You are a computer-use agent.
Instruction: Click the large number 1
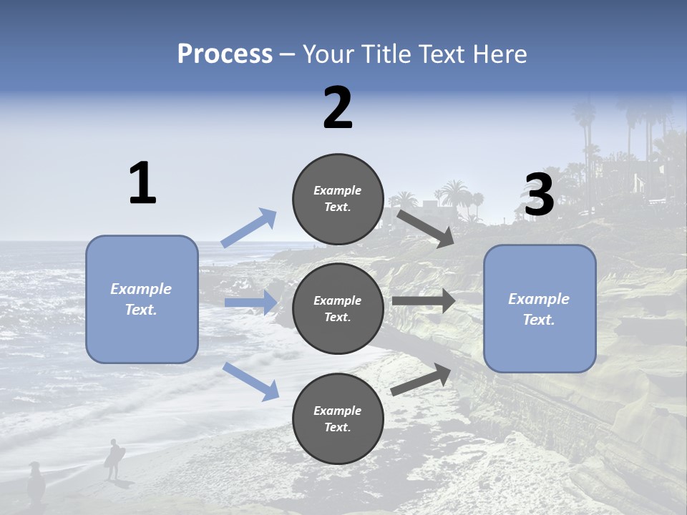click(x=142, y=183)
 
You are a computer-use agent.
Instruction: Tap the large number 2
click(x=338, y=108)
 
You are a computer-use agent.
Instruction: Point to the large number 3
click(x=540, y=194)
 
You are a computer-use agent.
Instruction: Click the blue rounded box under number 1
click(x=142, y=299)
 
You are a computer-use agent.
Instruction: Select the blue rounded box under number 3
click(x=540, y=309)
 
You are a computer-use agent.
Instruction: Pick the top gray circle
click(x=338, y=199)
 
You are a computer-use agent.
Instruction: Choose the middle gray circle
click(x=338, y=308)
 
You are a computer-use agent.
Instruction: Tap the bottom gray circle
click(x=338, y=418)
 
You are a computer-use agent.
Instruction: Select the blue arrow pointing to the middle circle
click(x=251, y=303)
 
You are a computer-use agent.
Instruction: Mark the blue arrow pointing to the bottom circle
click(x=251, y=381)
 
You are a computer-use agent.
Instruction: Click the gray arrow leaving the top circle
click(x=425, y=228)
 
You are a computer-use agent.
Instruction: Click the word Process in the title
click(x=225, y=54)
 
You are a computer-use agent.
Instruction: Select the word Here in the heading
click(x=500, y=54)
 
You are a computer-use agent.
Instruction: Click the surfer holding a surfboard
click(x=114, y=458)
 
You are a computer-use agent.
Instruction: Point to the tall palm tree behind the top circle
click(x=454, y=193)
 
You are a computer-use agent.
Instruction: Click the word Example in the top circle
click(x=338, y=190)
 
